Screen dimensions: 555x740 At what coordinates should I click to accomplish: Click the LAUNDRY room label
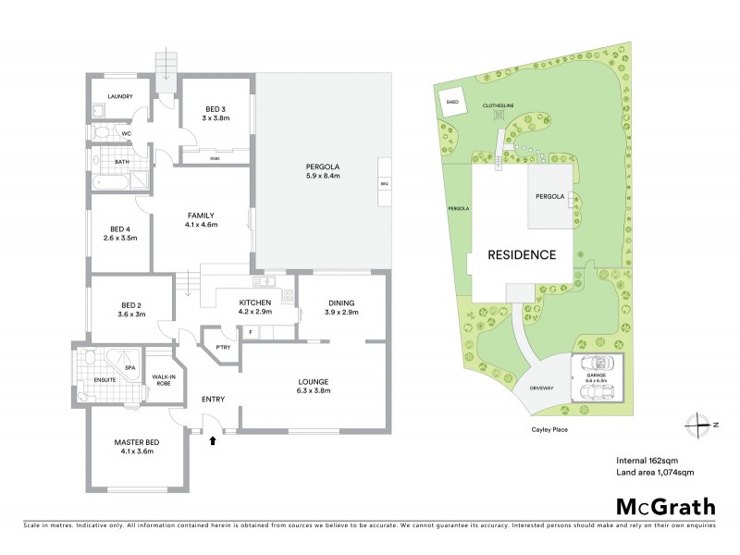click(120, 96)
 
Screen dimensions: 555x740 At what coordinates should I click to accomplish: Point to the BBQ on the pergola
click(385, 184)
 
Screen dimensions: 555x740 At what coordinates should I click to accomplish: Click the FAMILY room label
click(201, 218)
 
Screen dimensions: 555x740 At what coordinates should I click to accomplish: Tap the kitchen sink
click(265, 281)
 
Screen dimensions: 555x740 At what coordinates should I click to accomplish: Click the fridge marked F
click(250, 331)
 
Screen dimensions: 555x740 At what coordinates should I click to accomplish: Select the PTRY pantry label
click(222, 347)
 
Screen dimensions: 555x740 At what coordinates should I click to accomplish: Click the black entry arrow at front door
click(215, 441)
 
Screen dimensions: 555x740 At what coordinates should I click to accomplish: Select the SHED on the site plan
click(452, 103)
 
